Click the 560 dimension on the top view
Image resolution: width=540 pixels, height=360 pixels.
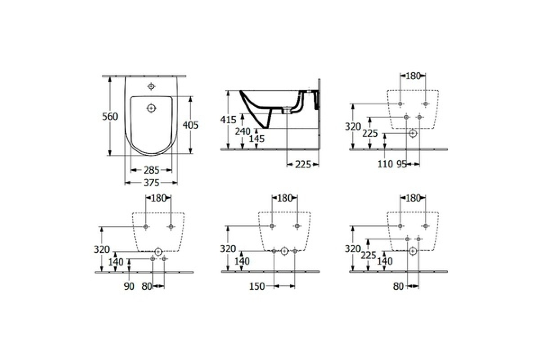coord(110,117)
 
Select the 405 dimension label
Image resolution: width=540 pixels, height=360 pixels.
coord(190,125)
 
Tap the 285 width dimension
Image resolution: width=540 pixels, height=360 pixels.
coord(151,170)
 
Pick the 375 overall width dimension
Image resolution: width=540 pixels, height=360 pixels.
coord(151,183)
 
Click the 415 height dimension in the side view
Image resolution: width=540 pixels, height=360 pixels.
coord(228,120)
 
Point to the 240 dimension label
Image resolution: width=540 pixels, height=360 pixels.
coord(243,132)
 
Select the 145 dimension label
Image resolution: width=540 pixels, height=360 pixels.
coord(257,139)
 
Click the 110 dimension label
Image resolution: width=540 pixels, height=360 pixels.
coord(385,164)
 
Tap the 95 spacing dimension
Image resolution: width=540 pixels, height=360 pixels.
coord(401,164)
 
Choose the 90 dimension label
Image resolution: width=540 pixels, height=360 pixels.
coord(129,287)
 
